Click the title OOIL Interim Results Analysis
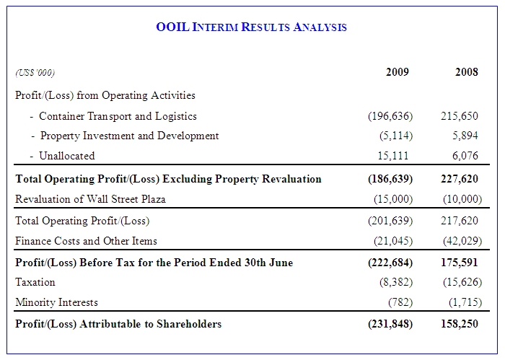pos(251,27)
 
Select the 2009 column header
pos(397,72)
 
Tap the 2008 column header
pos(466,72)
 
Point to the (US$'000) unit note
pos(35,73)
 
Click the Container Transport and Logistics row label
pos(118,116)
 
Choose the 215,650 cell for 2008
pos(460,116)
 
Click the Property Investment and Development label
pos(129,136)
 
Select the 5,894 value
pos(464,136)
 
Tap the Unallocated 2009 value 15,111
pos(394,156)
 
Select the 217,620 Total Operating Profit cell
pos(460,221)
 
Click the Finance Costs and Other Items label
pos(86,241)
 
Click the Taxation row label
pos(35,282)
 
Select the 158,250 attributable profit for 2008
pos(459,324)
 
